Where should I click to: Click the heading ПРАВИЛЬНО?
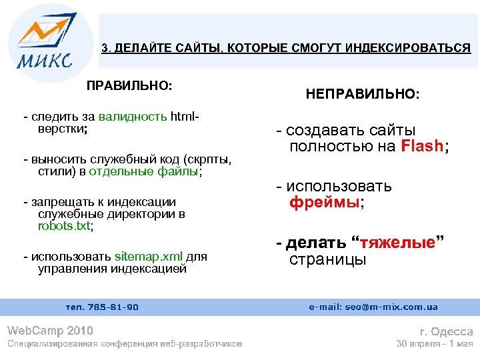coord(129,86)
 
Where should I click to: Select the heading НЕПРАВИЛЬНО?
coord(363,96)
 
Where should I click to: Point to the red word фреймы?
coord(325,203)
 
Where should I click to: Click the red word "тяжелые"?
coord(398,243)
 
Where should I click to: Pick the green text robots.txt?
coord(64,226)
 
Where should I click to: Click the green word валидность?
coord(132,117)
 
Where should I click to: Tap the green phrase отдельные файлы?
coord(157,171)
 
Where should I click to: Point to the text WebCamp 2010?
coord(50,331)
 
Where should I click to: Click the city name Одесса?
coord(452,331)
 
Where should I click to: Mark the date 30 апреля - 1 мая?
coord(435,344)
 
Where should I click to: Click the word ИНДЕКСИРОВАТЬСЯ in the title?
coord(412,48)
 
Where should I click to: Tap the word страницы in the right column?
coord(327,259)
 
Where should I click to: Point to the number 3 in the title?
coord(104,48)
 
